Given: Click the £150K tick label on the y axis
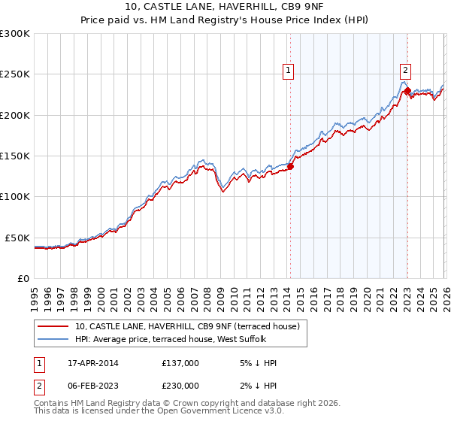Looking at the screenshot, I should tap(14, 156).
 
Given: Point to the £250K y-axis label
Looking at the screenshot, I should tap(14, 74).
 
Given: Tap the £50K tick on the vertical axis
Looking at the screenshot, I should tap(17, 238).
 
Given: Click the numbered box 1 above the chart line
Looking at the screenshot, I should tap(289, 71).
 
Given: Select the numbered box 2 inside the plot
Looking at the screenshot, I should tap(405, 71).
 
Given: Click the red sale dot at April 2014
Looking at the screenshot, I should tap(290, 167).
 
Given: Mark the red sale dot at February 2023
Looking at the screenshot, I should tap(407, 91).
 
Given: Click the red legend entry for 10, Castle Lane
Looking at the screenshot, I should tap(187, 326).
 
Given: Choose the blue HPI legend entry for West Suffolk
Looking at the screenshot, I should tap(176, 339).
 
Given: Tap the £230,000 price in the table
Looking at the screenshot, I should tap(180, 386).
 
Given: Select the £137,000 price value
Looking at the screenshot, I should tap(180, 363).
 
